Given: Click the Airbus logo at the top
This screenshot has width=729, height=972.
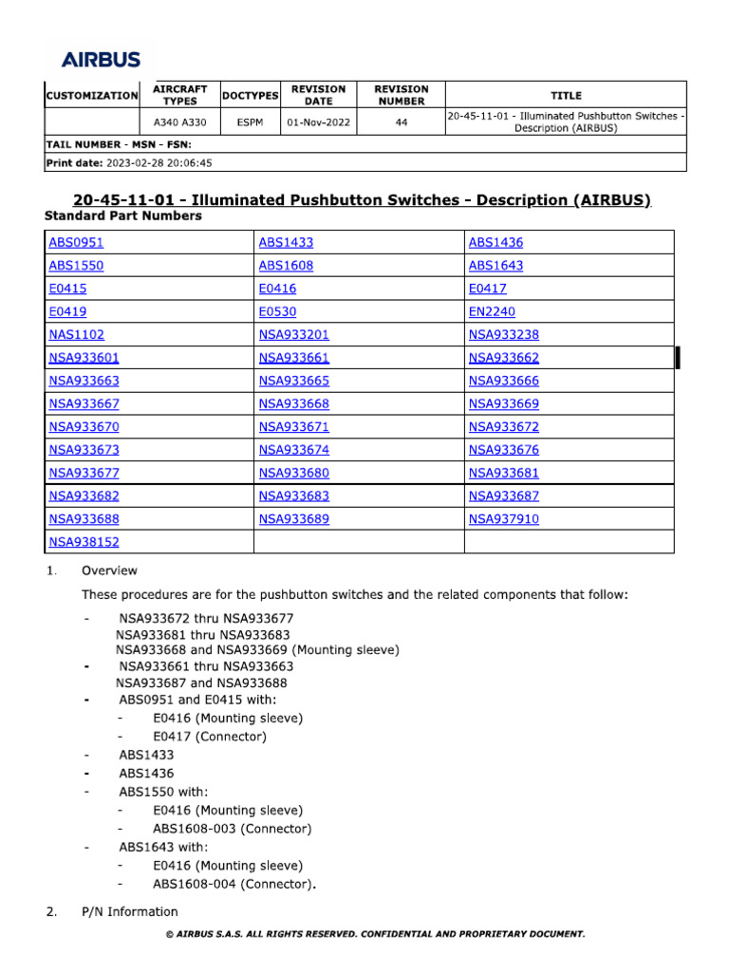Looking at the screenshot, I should click(x=102, y=59).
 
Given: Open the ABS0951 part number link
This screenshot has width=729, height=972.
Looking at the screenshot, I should click(x=76, y=242).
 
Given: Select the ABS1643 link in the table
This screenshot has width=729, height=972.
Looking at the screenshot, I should click(x=495, y=266).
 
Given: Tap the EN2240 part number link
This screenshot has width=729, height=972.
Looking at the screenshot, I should click(x=492, y=311).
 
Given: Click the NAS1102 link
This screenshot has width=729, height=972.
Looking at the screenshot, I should click(x=76, y=334).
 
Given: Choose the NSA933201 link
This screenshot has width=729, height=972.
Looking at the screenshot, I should click(x=293, y=334).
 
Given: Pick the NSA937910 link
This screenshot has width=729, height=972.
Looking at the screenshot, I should click(x=503, y=519).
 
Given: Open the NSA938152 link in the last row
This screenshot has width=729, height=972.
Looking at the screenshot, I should click(x=84, y=542).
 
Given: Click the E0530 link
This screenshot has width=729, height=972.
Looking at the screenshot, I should click(x=277, y=311).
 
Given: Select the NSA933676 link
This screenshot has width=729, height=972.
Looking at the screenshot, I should click(x=503, y=450).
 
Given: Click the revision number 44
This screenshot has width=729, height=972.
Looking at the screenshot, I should click(x=402, y=122).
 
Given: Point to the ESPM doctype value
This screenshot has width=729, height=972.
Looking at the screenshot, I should click(x=250, y=122).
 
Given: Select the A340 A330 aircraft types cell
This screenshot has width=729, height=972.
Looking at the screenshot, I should click(x=179, y=122).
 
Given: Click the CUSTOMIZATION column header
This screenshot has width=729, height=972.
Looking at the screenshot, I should click(x=91, y=96).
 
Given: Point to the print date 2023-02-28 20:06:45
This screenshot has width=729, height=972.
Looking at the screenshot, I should click(x=159, y=162).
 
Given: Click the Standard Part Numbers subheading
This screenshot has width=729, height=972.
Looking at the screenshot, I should click(x=122, y=216).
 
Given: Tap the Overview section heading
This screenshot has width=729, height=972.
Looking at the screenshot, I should click(x=109, y=570).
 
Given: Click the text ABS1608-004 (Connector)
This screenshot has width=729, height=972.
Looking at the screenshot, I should click(x=234, y=885).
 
